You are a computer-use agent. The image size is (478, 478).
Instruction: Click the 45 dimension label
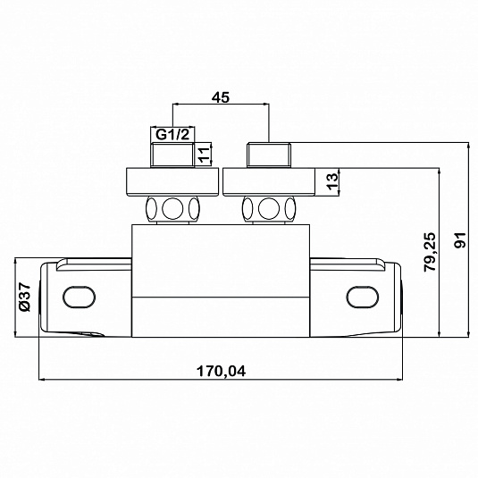[x=221, y=97]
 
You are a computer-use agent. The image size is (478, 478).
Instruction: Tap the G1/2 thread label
[x=172, y=134]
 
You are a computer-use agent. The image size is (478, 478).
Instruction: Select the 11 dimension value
[x=205, y=155]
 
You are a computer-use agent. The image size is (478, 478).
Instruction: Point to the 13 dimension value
[x=332, y=181]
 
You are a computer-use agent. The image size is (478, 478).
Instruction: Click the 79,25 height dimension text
[x=430, y=252]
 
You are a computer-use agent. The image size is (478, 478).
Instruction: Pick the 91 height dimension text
[x=461, y=240]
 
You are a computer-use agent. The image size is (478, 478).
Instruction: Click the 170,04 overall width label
[x=221, y=372]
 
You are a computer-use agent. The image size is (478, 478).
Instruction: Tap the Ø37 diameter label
[x=25, y=298]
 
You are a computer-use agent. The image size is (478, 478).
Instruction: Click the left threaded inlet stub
[x=172, y=155]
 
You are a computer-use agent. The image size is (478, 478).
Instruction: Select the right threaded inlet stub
[x=269, y=155]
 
